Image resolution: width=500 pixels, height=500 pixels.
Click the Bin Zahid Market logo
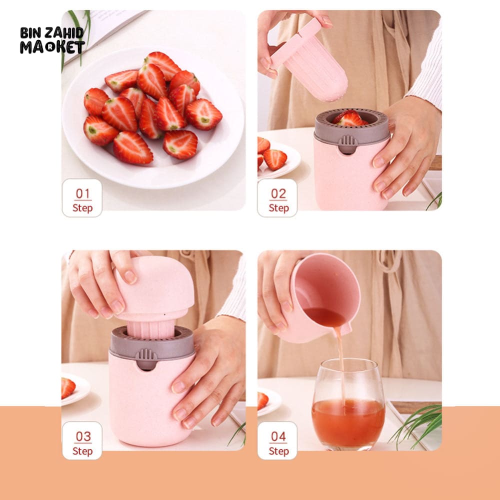tap(52, 40)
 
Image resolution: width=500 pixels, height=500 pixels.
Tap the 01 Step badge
tap(82, 198)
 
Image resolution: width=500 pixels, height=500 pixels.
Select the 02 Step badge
tap(277, 198)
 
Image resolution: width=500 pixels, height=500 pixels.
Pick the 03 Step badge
tap(82, 440)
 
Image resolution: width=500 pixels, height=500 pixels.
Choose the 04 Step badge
tap(277, 440)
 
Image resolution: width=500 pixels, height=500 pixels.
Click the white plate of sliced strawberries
tap(153, 117)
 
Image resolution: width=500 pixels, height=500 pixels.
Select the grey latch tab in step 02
tap(347, 144)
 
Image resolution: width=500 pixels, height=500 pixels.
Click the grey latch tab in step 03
tap(146, 358)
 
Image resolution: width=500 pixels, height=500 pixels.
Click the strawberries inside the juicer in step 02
tap(350, 118)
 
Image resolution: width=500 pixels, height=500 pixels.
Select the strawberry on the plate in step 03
tap(68, 388)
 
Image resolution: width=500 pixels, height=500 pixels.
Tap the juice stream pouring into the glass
tap(340, 366)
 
